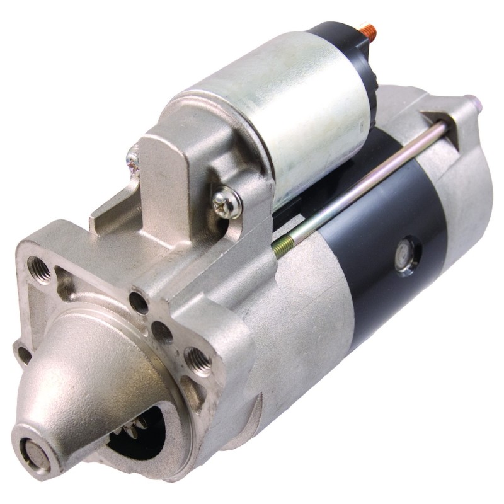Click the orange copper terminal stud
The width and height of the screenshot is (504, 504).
click(368, 29)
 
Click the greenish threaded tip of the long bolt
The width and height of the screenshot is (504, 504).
click(280, 247)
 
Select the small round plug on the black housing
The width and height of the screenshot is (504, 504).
click(404, 255)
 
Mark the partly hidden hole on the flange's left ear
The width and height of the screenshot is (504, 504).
click(23, 354)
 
